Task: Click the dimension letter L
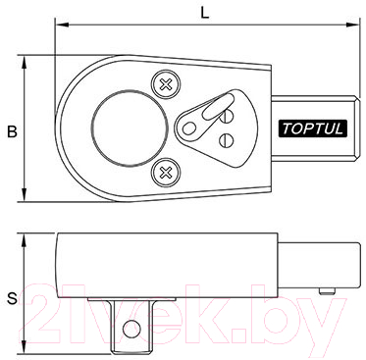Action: pyautogui.click(x=205, y=13)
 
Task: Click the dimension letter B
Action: pyautogui.click(x=12, y=131)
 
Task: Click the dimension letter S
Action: pyautogui.click(x=12, y=298)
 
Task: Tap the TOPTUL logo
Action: pyautogui.click(x=312, y=129)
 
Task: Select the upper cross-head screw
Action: pyautogui.click(x=166, y=85)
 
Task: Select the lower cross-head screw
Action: pyautogui.click(x=166, y=172)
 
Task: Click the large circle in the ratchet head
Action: pyautogui.click(x=131, y=129)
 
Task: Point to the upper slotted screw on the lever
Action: pyautogui.click(x=227, y=116)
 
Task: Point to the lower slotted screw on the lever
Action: pyautogui.click(x=227, y=140)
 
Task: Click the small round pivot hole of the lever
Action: pyautogui.click(x=187, y=129)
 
